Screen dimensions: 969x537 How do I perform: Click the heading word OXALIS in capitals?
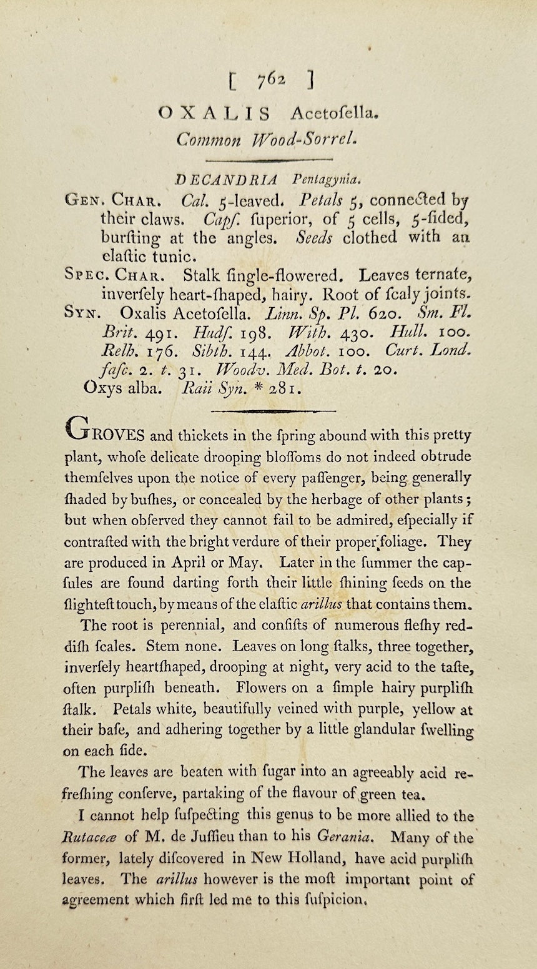[214, 113]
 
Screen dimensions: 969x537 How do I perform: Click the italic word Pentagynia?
[325, 180]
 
